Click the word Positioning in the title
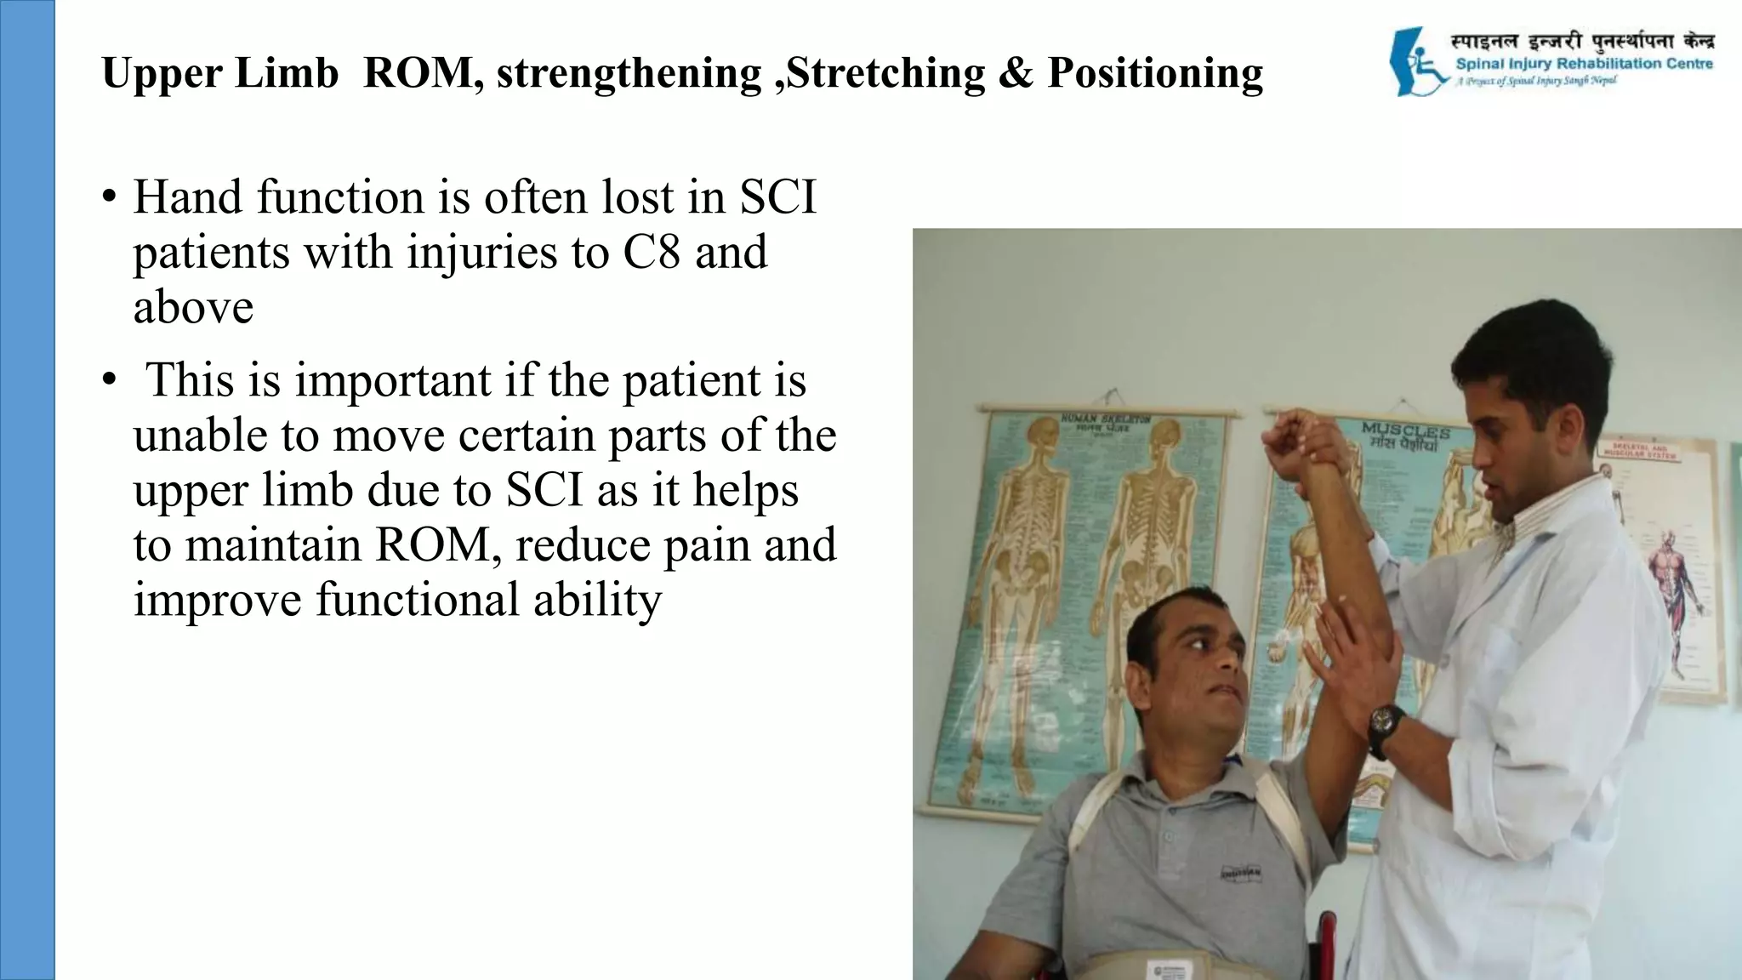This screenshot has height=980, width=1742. (1154, 73)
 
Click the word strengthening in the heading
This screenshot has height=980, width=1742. (629, 73)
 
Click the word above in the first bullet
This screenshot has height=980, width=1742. (193, 307)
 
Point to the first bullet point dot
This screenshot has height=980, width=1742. (108, 198)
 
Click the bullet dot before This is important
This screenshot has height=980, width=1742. (108, 381)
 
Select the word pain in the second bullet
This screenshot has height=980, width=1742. (709, 545)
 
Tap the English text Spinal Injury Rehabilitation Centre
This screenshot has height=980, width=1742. (1584, 64)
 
